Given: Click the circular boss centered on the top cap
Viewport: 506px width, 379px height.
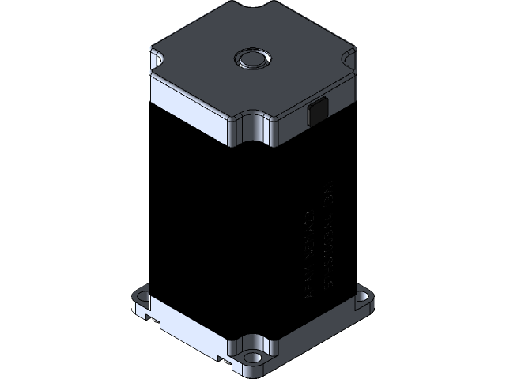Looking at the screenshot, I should pos(252,58).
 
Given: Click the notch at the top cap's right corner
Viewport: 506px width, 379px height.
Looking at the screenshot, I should pos(349,58).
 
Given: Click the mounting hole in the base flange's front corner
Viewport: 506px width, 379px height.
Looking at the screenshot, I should pos(253,356).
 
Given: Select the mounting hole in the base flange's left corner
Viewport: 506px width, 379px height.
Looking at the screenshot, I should pos(142,297).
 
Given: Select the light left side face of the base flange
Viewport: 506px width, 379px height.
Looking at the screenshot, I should pos(190,332).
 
